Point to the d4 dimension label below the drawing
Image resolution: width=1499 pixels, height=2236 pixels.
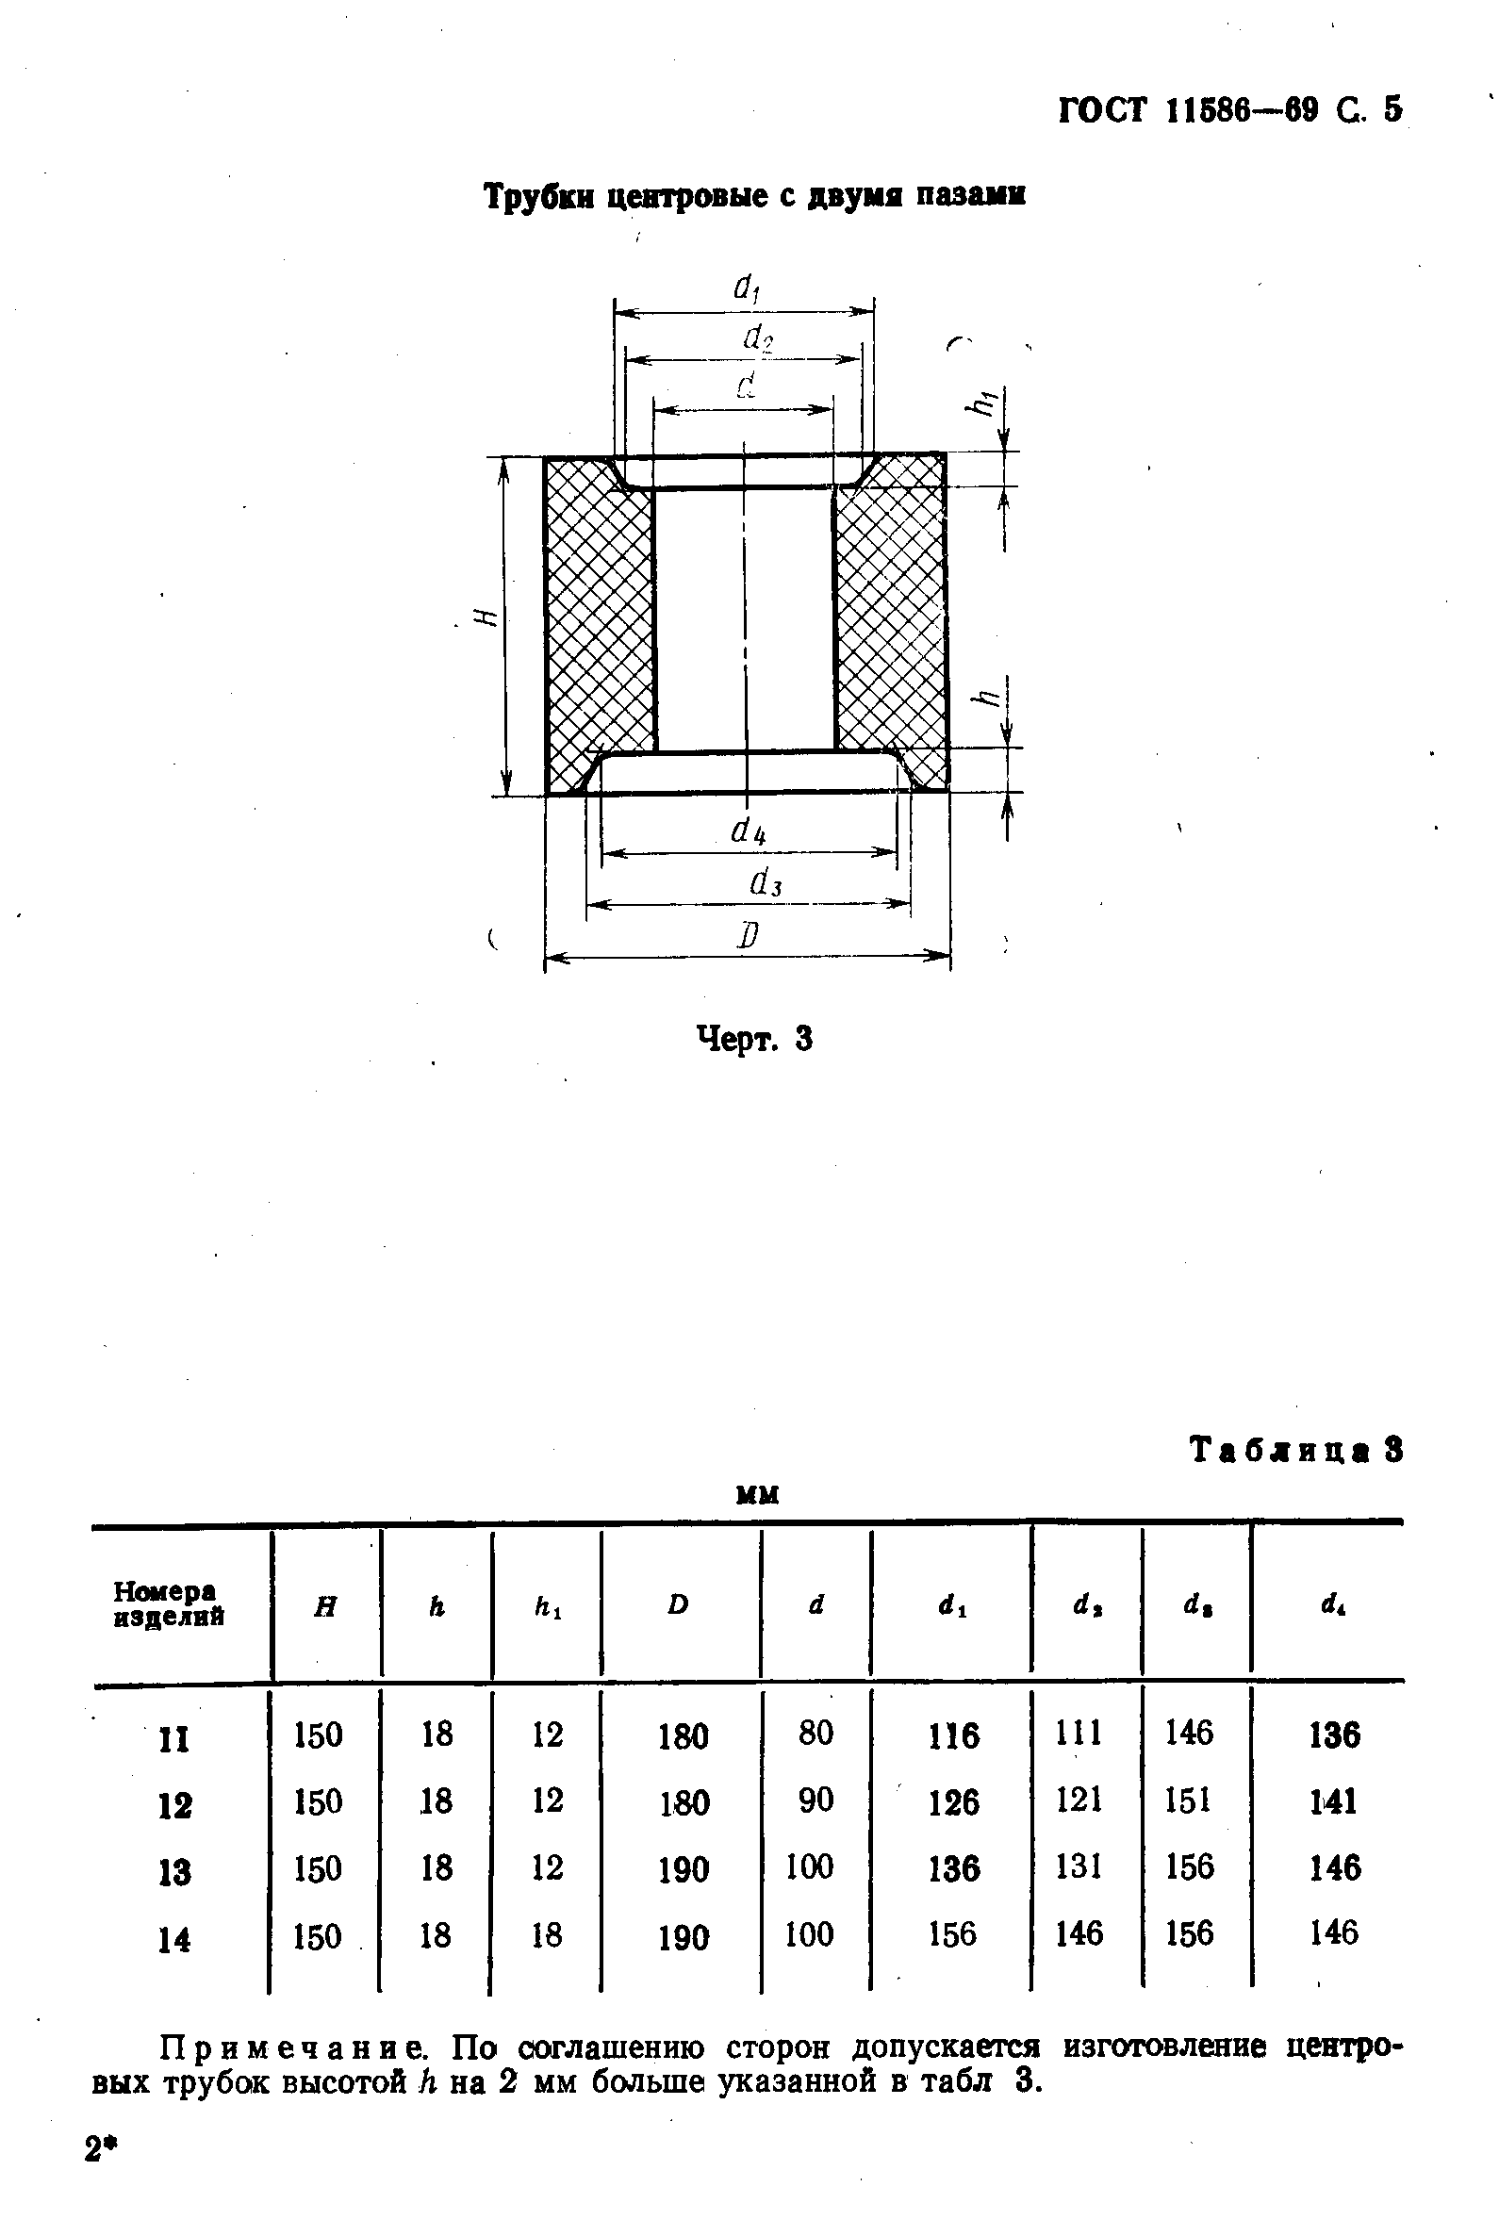[x=749, y=831]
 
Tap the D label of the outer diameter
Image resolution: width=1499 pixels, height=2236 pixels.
[x=748, y=934]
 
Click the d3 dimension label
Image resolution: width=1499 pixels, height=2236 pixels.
[x=766, y=882]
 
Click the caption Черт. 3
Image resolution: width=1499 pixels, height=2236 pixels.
[x=754, y=1037]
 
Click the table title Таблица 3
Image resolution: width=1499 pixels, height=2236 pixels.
[x=1295, y=1450]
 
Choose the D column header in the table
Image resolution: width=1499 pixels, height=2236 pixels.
[x=678, y=1604]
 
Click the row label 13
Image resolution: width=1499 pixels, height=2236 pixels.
[x=175, y=1871]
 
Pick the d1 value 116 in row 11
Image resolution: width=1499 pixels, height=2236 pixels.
[x=953, y=1735]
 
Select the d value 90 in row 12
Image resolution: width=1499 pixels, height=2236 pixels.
[x=815, y=1800]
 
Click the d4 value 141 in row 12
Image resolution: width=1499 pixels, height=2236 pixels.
[x=1333, y=1802]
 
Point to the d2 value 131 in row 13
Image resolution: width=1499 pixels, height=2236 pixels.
[x=1079, y=1867]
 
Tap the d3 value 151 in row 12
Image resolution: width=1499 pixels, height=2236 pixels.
[x=1188, y=1801]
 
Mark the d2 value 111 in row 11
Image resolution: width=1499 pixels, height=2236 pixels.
[x=1079, y=1733]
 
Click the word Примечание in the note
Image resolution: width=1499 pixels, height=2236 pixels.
[x=294, y=2047]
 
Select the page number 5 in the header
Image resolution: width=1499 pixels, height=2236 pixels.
[x=1392, y=110]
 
